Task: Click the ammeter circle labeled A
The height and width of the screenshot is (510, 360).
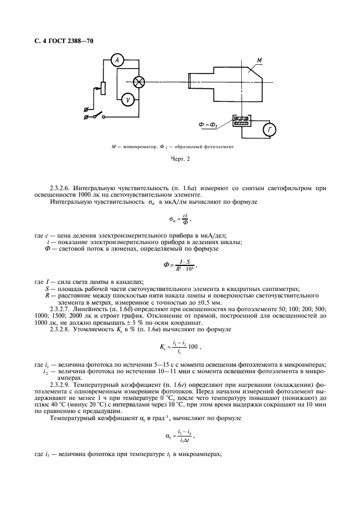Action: pyautogui.click(x=116, y=61)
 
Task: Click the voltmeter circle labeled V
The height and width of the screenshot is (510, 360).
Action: pyautogui.click(x=127, y=99)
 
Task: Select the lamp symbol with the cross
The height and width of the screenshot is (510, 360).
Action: pyautogui.click(x=140, y=82)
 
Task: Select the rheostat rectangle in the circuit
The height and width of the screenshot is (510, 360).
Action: pyautogui.click(x=103, y=89)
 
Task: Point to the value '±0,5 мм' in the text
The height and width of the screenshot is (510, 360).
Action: pyautogui.click(x=209, y=302)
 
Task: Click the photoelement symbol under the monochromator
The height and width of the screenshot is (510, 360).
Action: pyautogui.click(x=240, y=122)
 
